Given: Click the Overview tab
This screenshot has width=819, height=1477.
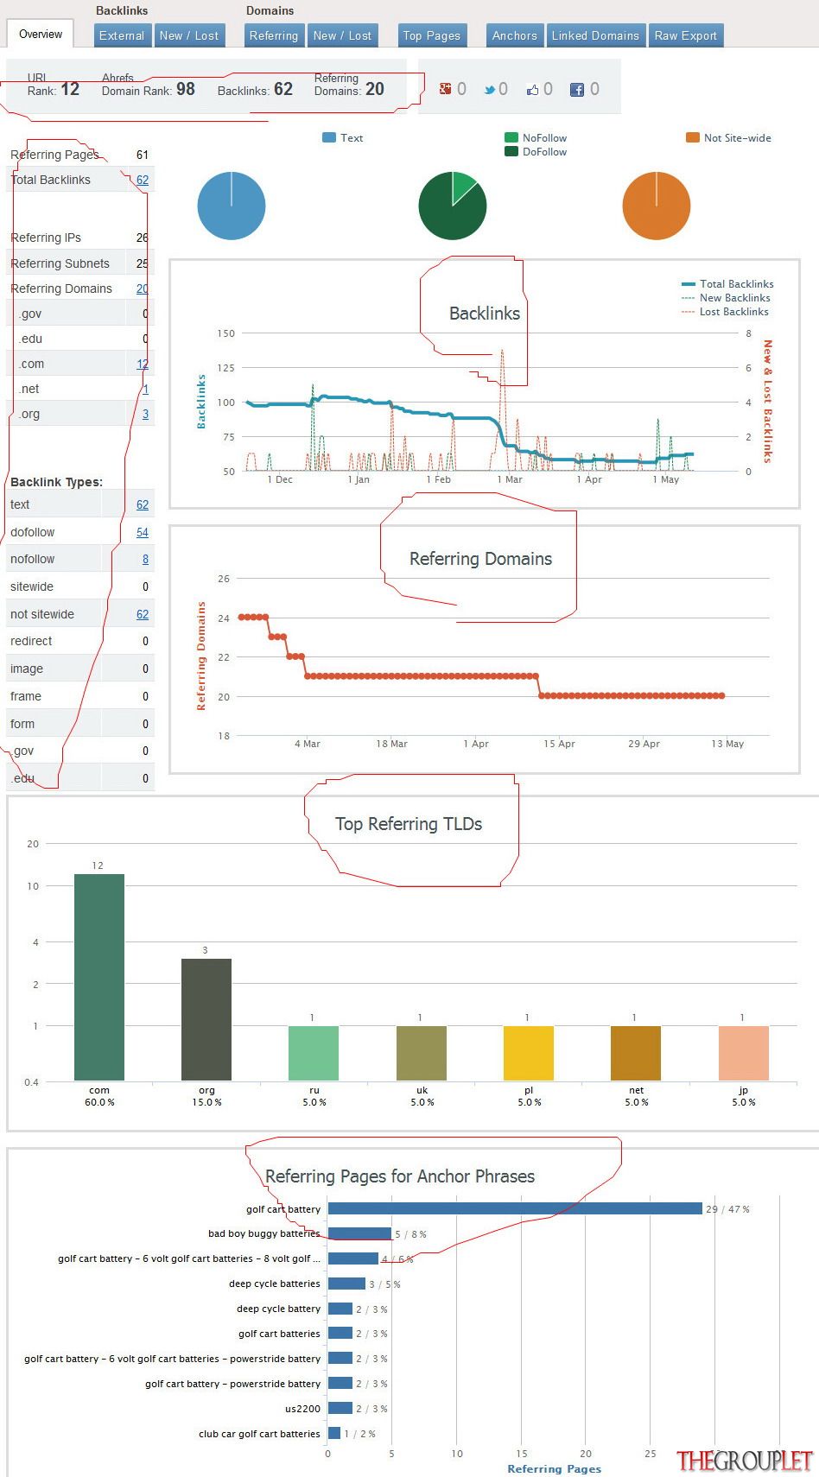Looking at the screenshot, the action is [41, 34].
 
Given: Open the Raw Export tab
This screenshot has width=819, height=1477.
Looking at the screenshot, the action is [686, 35].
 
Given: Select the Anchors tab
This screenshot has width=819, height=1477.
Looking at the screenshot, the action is [514, 35].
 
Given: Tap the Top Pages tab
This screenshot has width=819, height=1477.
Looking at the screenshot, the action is [432, 35].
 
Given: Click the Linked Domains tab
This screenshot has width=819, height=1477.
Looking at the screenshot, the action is [595, 35].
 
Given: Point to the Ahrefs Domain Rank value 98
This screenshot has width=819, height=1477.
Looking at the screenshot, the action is [185, 89].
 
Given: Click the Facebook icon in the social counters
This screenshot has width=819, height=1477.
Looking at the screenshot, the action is [576, 90].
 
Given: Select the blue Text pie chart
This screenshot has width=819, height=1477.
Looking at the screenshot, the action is [232, 206].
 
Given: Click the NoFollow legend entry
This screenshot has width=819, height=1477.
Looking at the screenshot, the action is [536, 138].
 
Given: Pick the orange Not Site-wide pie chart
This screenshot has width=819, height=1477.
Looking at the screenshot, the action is [656, 206].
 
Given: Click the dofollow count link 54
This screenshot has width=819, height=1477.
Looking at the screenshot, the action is [143, 532].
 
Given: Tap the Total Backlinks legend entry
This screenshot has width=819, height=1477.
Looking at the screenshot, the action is [727, 283].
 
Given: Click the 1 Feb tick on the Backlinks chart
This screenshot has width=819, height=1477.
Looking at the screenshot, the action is [439, 479].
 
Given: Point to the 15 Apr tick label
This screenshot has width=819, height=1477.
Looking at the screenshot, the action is [559, 744].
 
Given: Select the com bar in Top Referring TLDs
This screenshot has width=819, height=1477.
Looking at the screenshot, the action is [98, 977].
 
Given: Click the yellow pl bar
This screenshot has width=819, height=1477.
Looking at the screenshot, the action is [528, 1053].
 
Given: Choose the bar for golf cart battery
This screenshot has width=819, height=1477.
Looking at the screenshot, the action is [515, 1208].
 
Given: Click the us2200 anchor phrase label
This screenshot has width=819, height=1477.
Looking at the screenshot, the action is [302, 1409].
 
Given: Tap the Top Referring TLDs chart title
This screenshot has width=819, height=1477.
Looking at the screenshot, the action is [409, 823].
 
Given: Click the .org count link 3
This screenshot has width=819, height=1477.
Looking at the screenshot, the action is [146, 414].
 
